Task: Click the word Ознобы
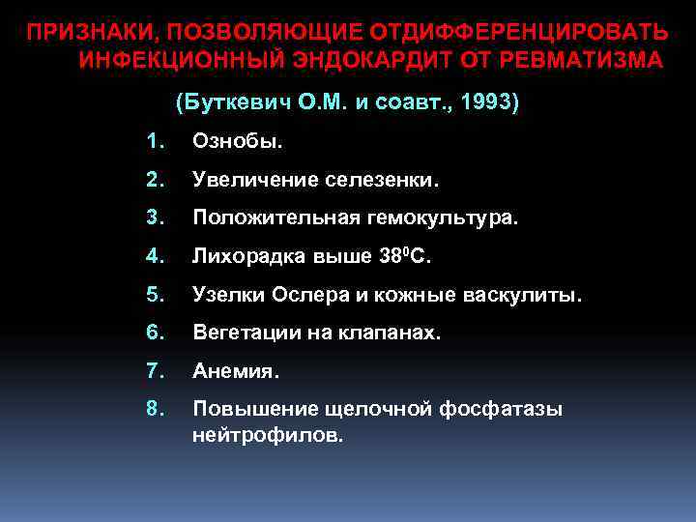(238, 142)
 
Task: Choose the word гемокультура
(442, 219)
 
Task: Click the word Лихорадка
(241, 258)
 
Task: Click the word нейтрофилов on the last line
(267, 436)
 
